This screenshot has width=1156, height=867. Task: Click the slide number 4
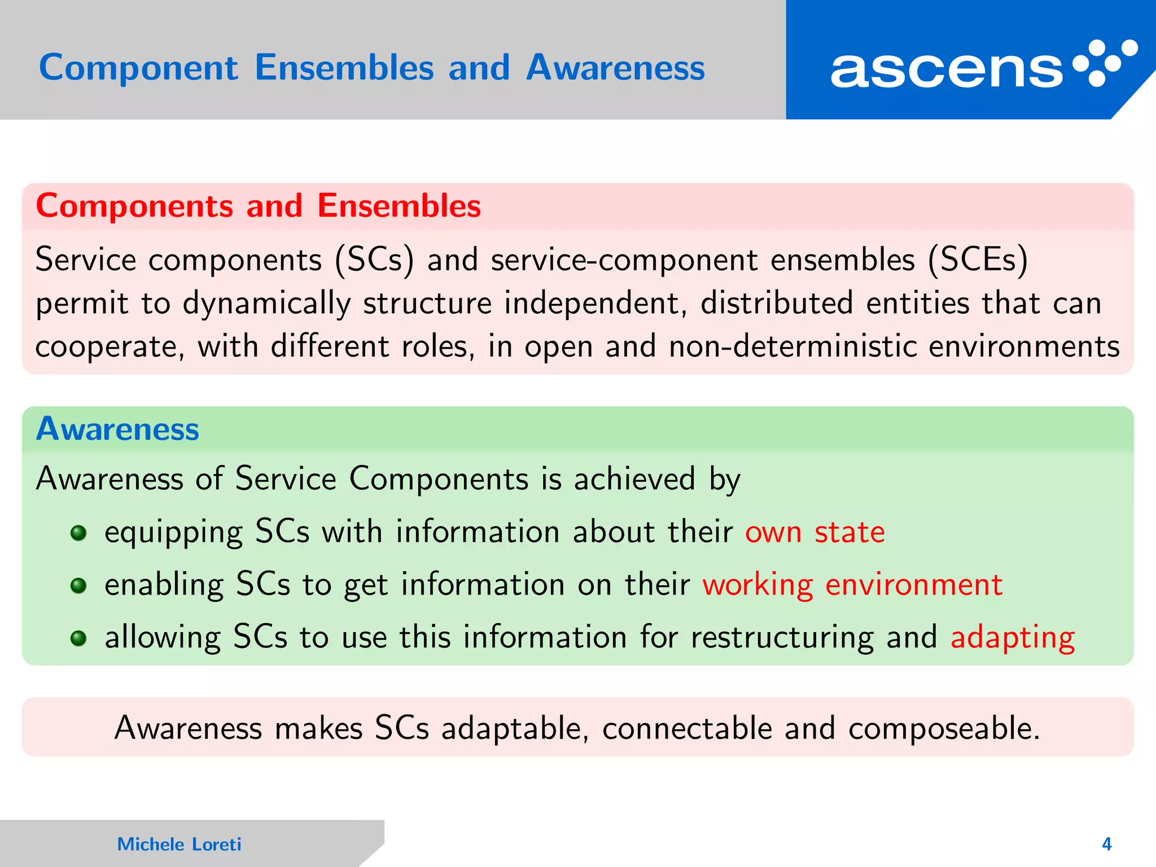(1106, 844)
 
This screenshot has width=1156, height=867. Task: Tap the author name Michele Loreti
(179, 844)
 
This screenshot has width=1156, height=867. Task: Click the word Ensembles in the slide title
(344, 68)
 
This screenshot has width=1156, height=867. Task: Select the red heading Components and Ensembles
(258, 205)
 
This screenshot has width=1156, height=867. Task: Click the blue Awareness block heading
(117, 429)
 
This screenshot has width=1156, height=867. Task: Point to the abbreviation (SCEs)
(978, 261)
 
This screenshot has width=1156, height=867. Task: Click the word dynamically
(266, 304)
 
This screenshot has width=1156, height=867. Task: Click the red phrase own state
(815, 532)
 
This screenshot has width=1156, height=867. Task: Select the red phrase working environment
(852, 585)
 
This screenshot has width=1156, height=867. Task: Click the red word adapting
(1013, 638)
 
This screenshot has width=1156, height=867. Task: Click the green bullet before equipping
(78, 533)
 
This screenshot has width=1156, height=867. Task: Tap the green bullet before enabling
(78, 585)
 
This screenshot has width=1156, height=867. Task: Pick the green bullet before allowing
(78, 638)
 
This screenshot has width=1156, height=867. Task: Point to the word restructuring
(782, 638)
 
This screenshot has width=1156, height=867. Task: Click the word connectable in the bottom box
(686, 729)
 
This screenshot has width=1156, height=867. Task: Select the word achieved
(634, 479)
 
